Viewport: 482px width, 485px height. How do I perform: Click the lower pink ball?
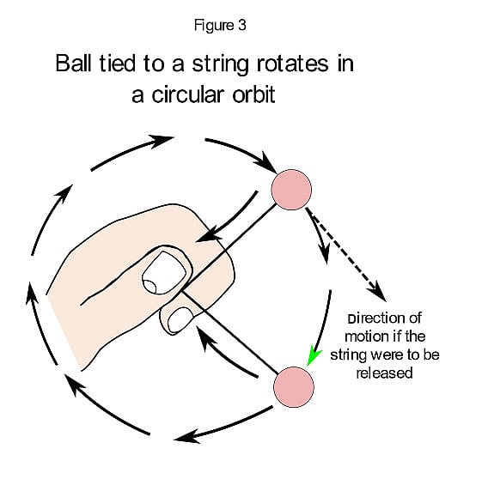point(293,385)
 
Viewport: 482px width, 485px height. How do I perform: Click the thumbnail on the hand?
point(159,274)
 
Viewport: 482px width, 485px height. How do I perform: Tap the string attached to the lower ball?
point(241,343)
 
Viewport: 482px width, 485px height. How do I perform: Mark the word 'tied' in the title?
point(127,64)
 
